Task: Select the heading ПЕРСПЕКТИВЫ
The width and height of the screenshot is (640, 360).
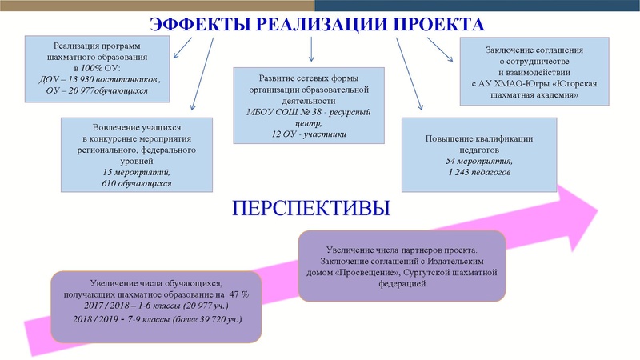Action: [310, 210]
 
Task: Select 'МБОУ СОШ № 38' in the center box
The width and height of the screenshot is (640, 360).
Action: [278, 111]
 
